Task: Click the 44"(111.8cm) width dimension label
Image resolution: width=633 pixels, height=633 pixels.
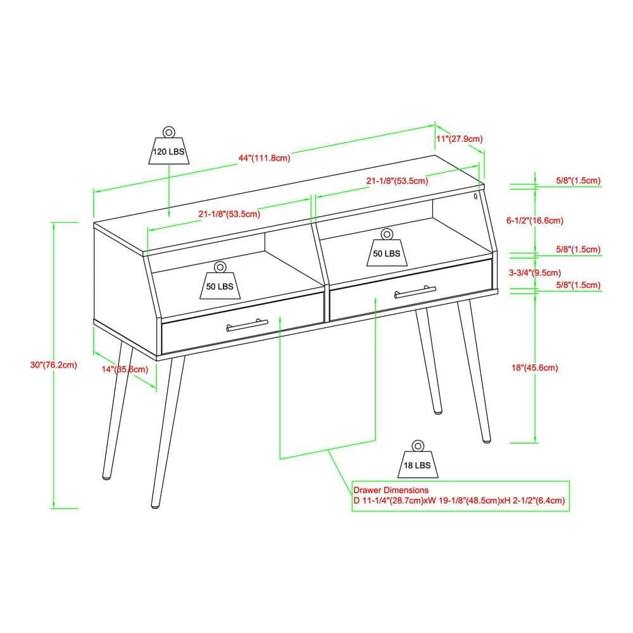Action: pyautogui.click(x=265, y=158)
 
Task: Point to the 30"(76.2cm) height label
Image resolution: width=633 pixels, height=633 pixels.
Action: pyautogui.click(x=54, y=365)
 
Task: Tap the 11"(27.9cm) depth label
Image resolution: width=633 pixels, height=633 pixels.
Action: pyautogui.click(x=460, y=139)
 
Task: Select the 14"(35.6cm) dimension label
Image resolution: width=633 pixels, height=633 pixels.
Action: pyautogui.click(x=125, y=370)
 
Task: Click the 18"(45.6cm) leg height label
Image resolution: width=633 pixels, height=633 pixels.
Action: pyautogui.click(x=535, y=368)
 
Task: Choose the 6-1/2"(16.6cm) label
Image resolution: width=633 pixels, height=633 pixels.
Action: pyautogui.click(x=535, y=220)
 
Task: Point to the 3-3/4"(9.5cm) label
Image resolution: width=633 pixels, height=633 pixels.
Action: pyautogui.click(x=535, y=273)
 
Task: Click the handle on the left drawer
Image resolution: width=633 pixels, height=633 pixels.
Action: pyautogui.click(x=247, y=325)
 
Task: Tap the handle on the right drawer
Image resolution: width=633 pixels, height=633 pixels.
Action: pyautogui.click(x=415, y=292)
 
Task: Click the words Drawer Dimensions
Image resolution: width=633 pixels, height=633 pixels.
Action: pyautogui.click(x=391, y=490)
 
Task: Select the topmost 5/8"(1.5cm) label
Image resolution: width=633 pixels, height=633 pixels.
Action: pyautogui.click(x=578, y=180)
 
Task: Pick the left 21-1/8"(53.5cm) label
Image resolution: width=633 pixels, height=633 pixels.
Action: pyautogui.click(x=229, y=214)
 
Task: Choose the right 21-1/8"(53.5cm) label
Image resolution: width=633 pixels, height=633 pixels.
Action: pyautogui.click(x=398, y=181)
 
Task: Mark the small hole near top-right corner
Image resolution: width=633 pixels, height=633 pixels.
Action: pyautogui.click(x=475, y=196)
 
